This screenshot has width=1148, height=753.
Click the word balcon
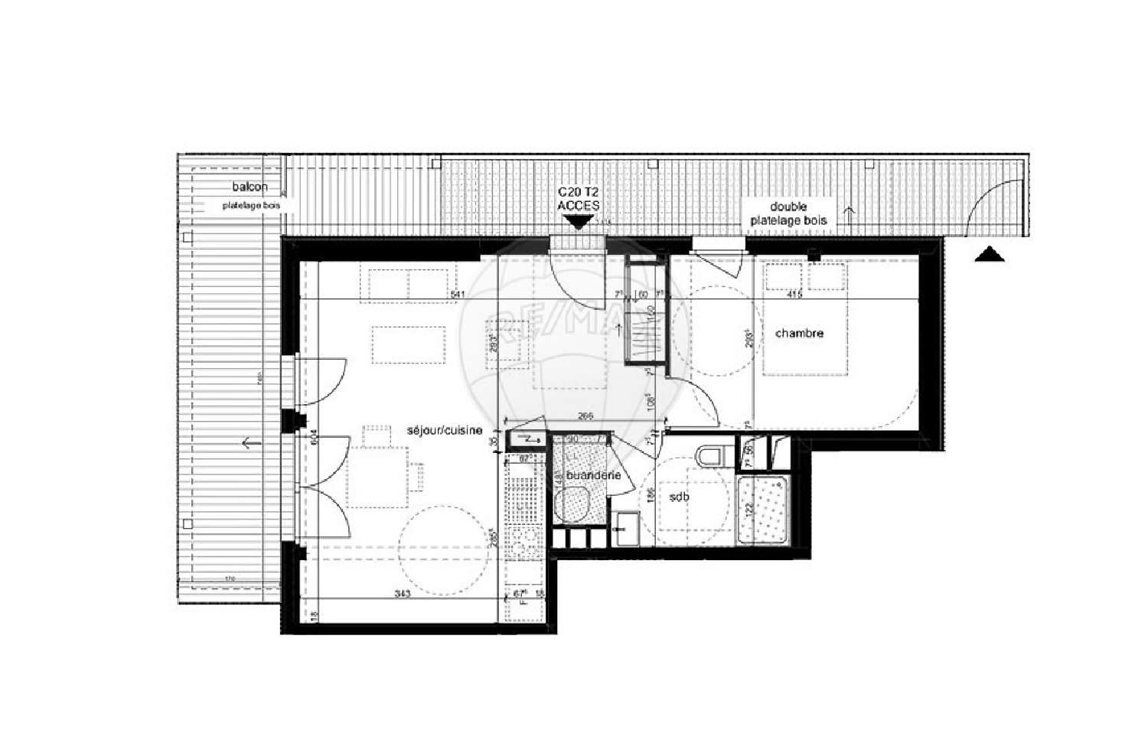click(250, 187)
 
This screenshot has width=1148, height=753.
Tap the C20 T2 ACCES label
click(578, 199)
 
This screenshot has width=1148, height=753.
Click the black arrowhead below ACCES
click(578, 223)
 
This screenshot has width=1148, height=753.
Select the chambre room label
click(799, 333)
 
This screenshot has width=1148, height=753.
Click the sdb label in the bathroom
click(678, 497)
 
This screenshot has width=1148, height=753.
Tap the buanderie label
click(588, 475)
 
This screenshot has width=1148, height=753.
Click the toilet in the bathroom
click(711, 455)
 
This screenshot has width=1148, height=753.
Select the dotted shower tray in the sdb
click(762, 511)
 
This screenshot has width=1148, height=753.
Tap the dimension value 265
click(586, 418)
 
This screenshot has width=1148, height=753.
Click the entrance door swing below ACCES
click(574, 279)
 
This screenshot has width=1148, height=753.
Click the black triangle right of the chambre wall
click(990, 255)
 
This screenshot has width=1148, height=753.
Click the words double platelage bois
click(788, 214)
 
